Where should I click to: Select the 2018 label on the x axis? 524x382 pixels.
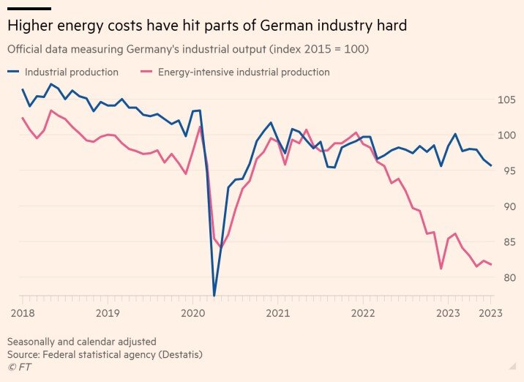point(23,313)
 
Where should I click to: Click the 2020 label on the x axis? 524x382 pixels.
point(193,313)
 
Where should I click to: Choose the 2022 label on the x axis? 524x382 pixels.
point(363,313)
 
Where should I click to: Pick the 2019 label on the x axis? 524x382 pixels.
point(108,313)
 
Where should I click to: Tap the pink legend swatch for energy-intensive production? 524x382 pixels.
point(146,72)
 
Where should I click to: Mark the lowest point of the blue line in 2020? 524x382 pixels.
point(214,296)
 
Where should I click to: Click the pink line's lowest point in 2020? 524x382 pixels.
point(221,247)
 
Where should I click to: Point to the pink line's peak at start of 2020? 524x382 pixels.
point(200,127)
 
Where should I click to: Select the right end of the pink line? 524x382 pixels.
point(491,264)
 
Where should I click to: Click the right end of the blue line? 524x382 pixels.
point(491,165)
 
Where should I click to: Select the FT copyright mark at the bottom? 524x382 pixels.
point(15,367)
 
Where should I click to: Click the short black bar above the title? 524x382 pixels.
point(29,8)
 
